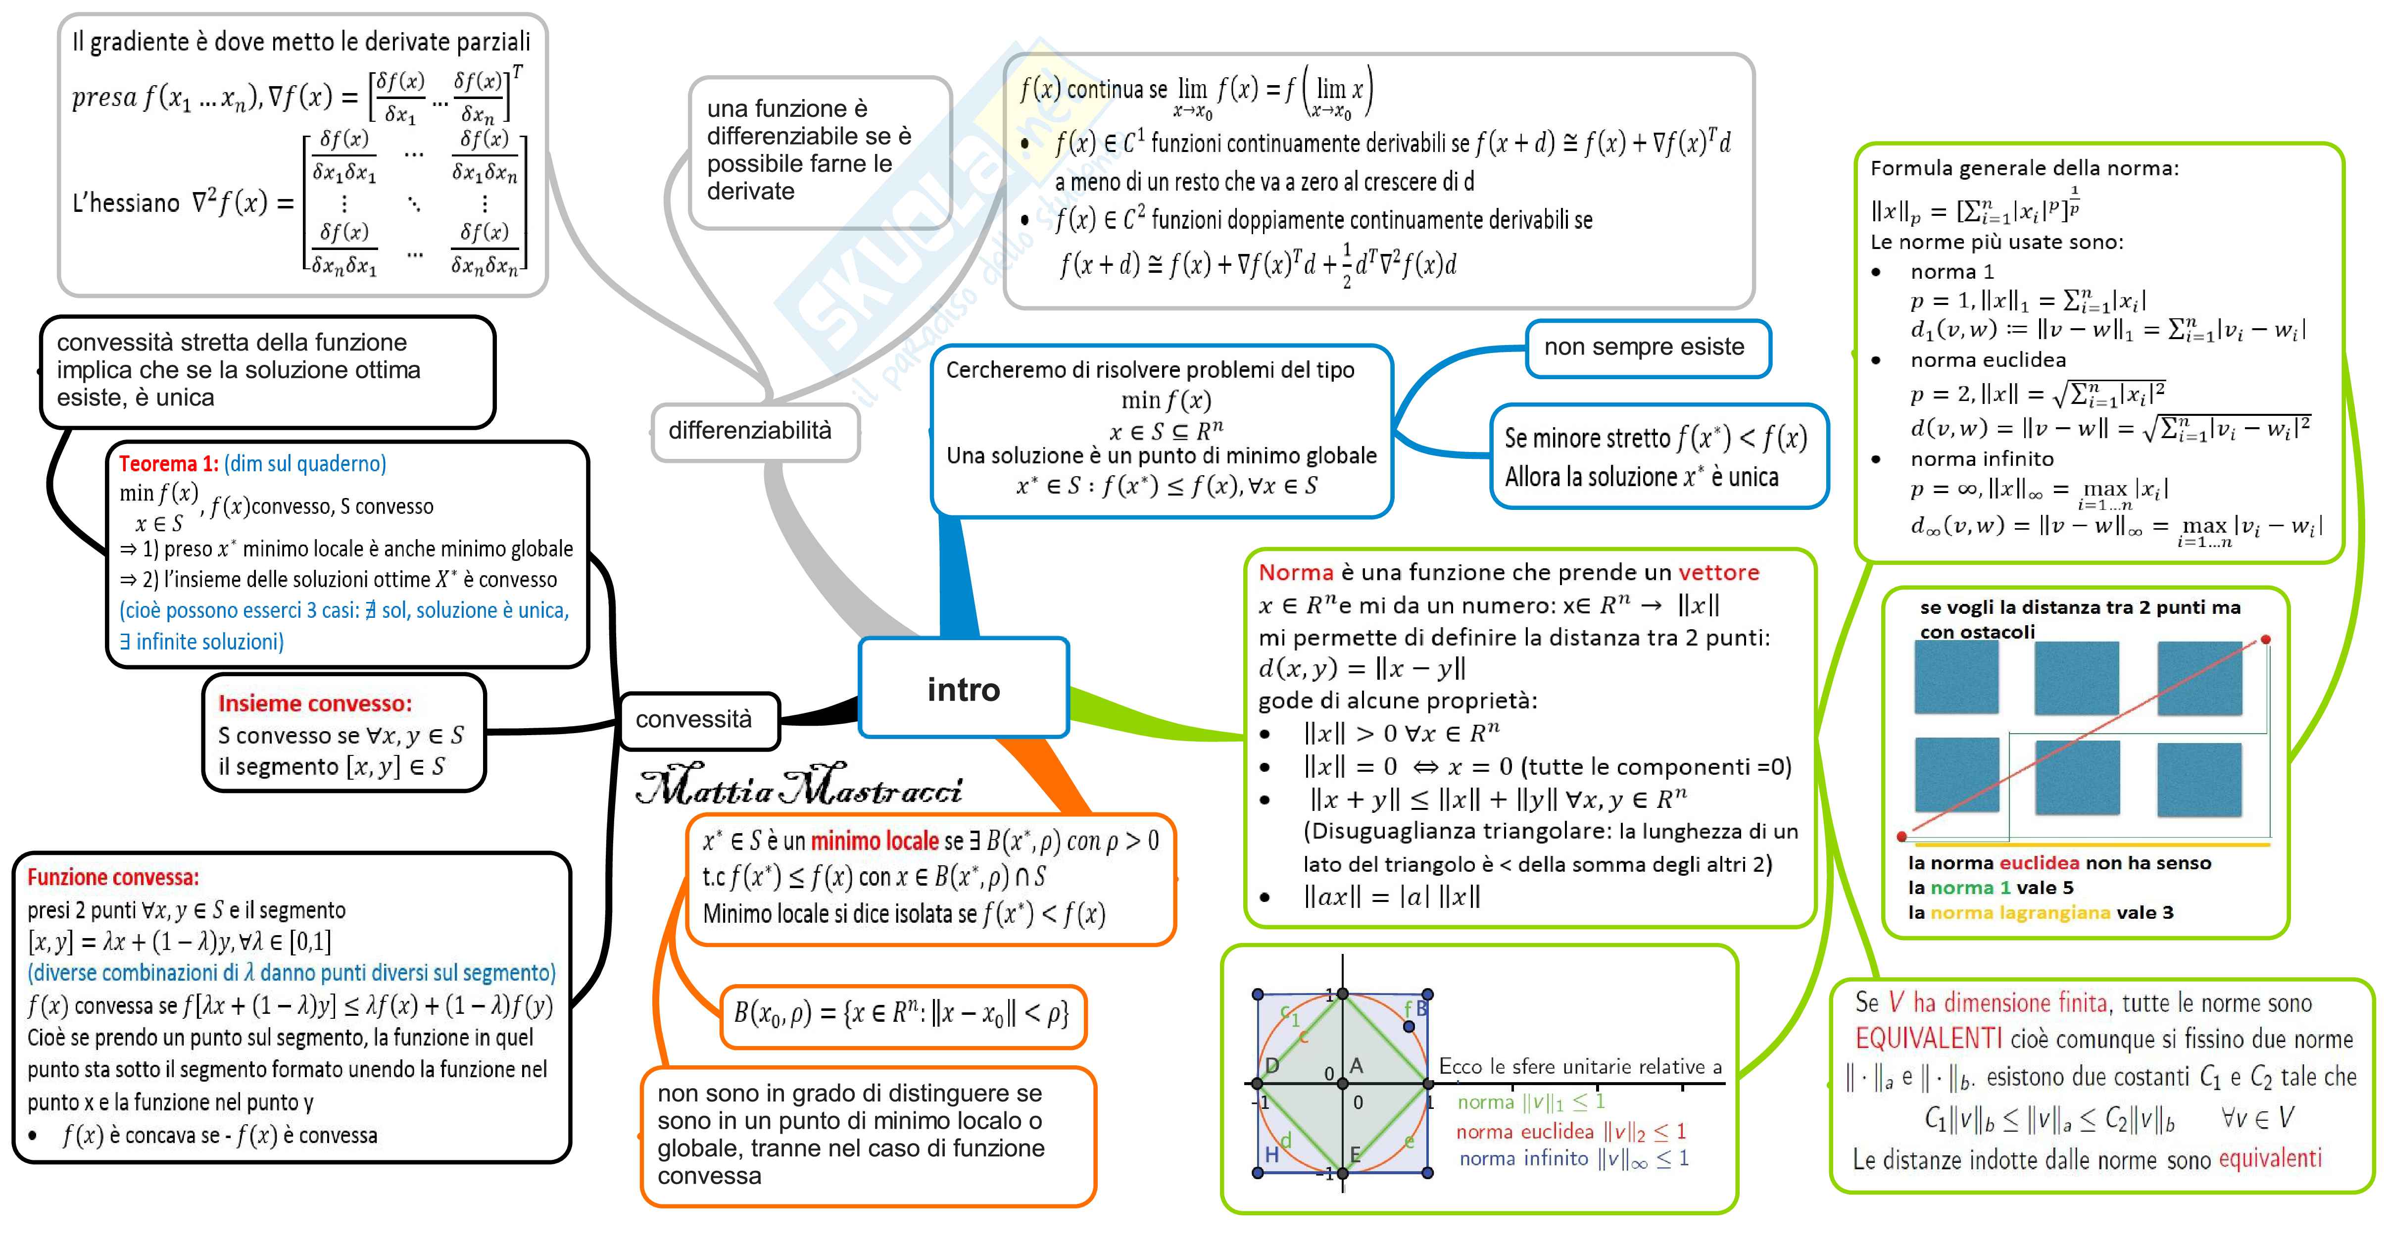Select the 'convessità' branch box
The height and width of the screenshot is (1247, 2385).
(x=694, y=719)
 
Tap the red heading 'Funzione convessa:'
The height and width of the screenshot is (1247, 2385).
(x=113, y=877)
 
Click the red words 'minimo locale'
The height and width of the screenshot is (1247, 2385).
(x=875, y=841)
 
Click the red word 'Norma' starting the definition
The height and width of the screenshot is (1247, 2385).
(x=1295, y=572)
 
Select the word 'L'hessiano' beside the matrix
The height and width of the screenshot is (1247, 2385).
(x=126, y=203)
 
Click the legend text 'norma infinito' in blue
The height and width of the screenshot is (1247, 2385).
(x=1523, y=1158)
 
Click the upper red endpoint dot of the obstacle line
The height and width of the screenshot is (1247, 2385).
(x=2266, y=639)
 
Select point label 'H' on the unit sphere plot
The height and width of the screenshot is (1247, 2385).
(x=1272, y=1154)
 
